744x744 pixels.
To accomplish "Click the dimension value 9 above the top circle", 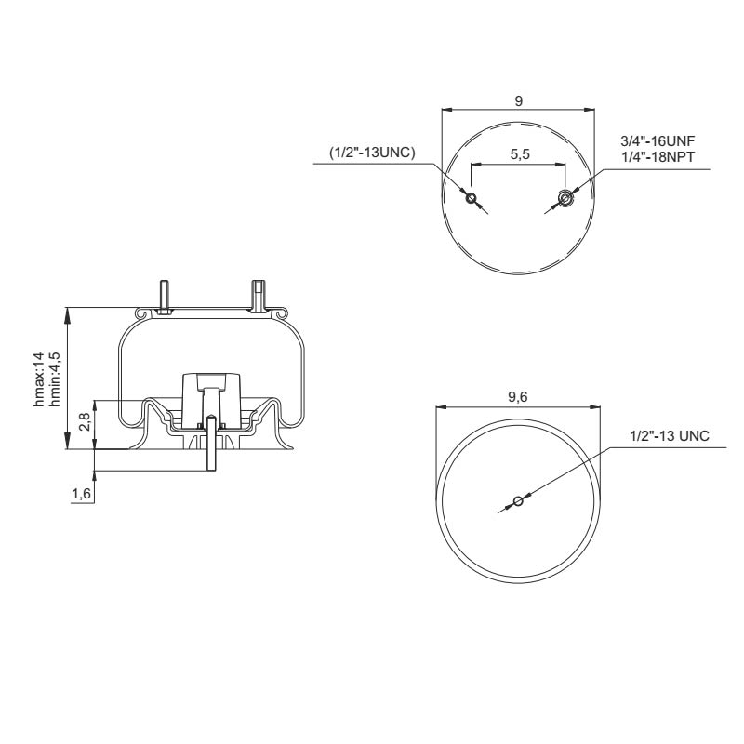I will click(517, 100).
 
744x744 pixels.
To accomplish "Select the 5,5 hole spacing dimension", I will click(520, 155).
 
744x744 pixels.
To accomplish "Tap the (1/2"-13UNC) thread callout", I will click(371, 153).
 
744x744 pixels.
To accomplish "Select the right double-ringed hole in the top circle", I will click(564, 196).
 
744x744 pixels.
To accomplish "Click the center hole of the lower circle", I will click(519, 503).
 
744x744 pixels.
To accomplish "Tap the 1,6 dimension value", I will click(81, 494).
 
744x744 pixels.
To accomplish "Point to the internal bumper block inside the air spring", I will click(211, 391).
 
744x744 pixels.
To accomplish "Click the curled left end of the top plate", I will click(141, 315).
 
